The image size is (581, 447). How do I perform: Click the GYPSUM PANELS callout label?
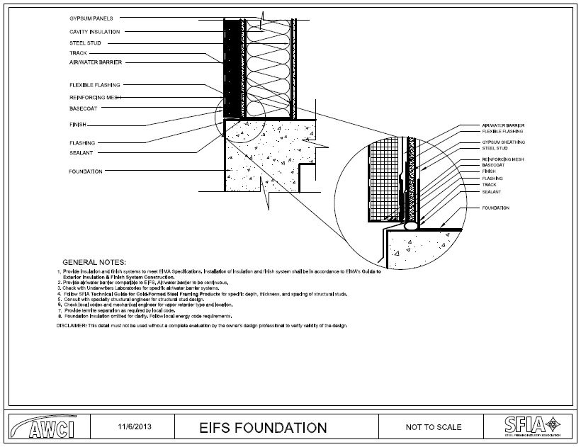91,18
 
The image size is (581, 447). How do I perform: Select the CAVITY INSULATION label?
94,32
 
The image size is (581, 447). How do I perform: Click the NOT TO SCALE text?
433,427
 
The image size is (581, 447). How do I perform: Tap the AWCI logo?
54,427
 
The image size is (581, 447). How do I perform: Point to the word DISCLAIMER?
71,325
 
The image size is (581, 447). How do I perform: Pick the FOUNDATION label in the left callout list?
85,171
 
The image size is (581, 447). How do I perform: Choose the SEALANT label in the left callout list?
81,152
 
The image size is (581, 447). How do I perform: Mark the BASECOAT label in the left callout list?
84,109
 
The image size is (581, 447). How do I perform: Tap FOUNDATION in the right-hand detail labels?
495,208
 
